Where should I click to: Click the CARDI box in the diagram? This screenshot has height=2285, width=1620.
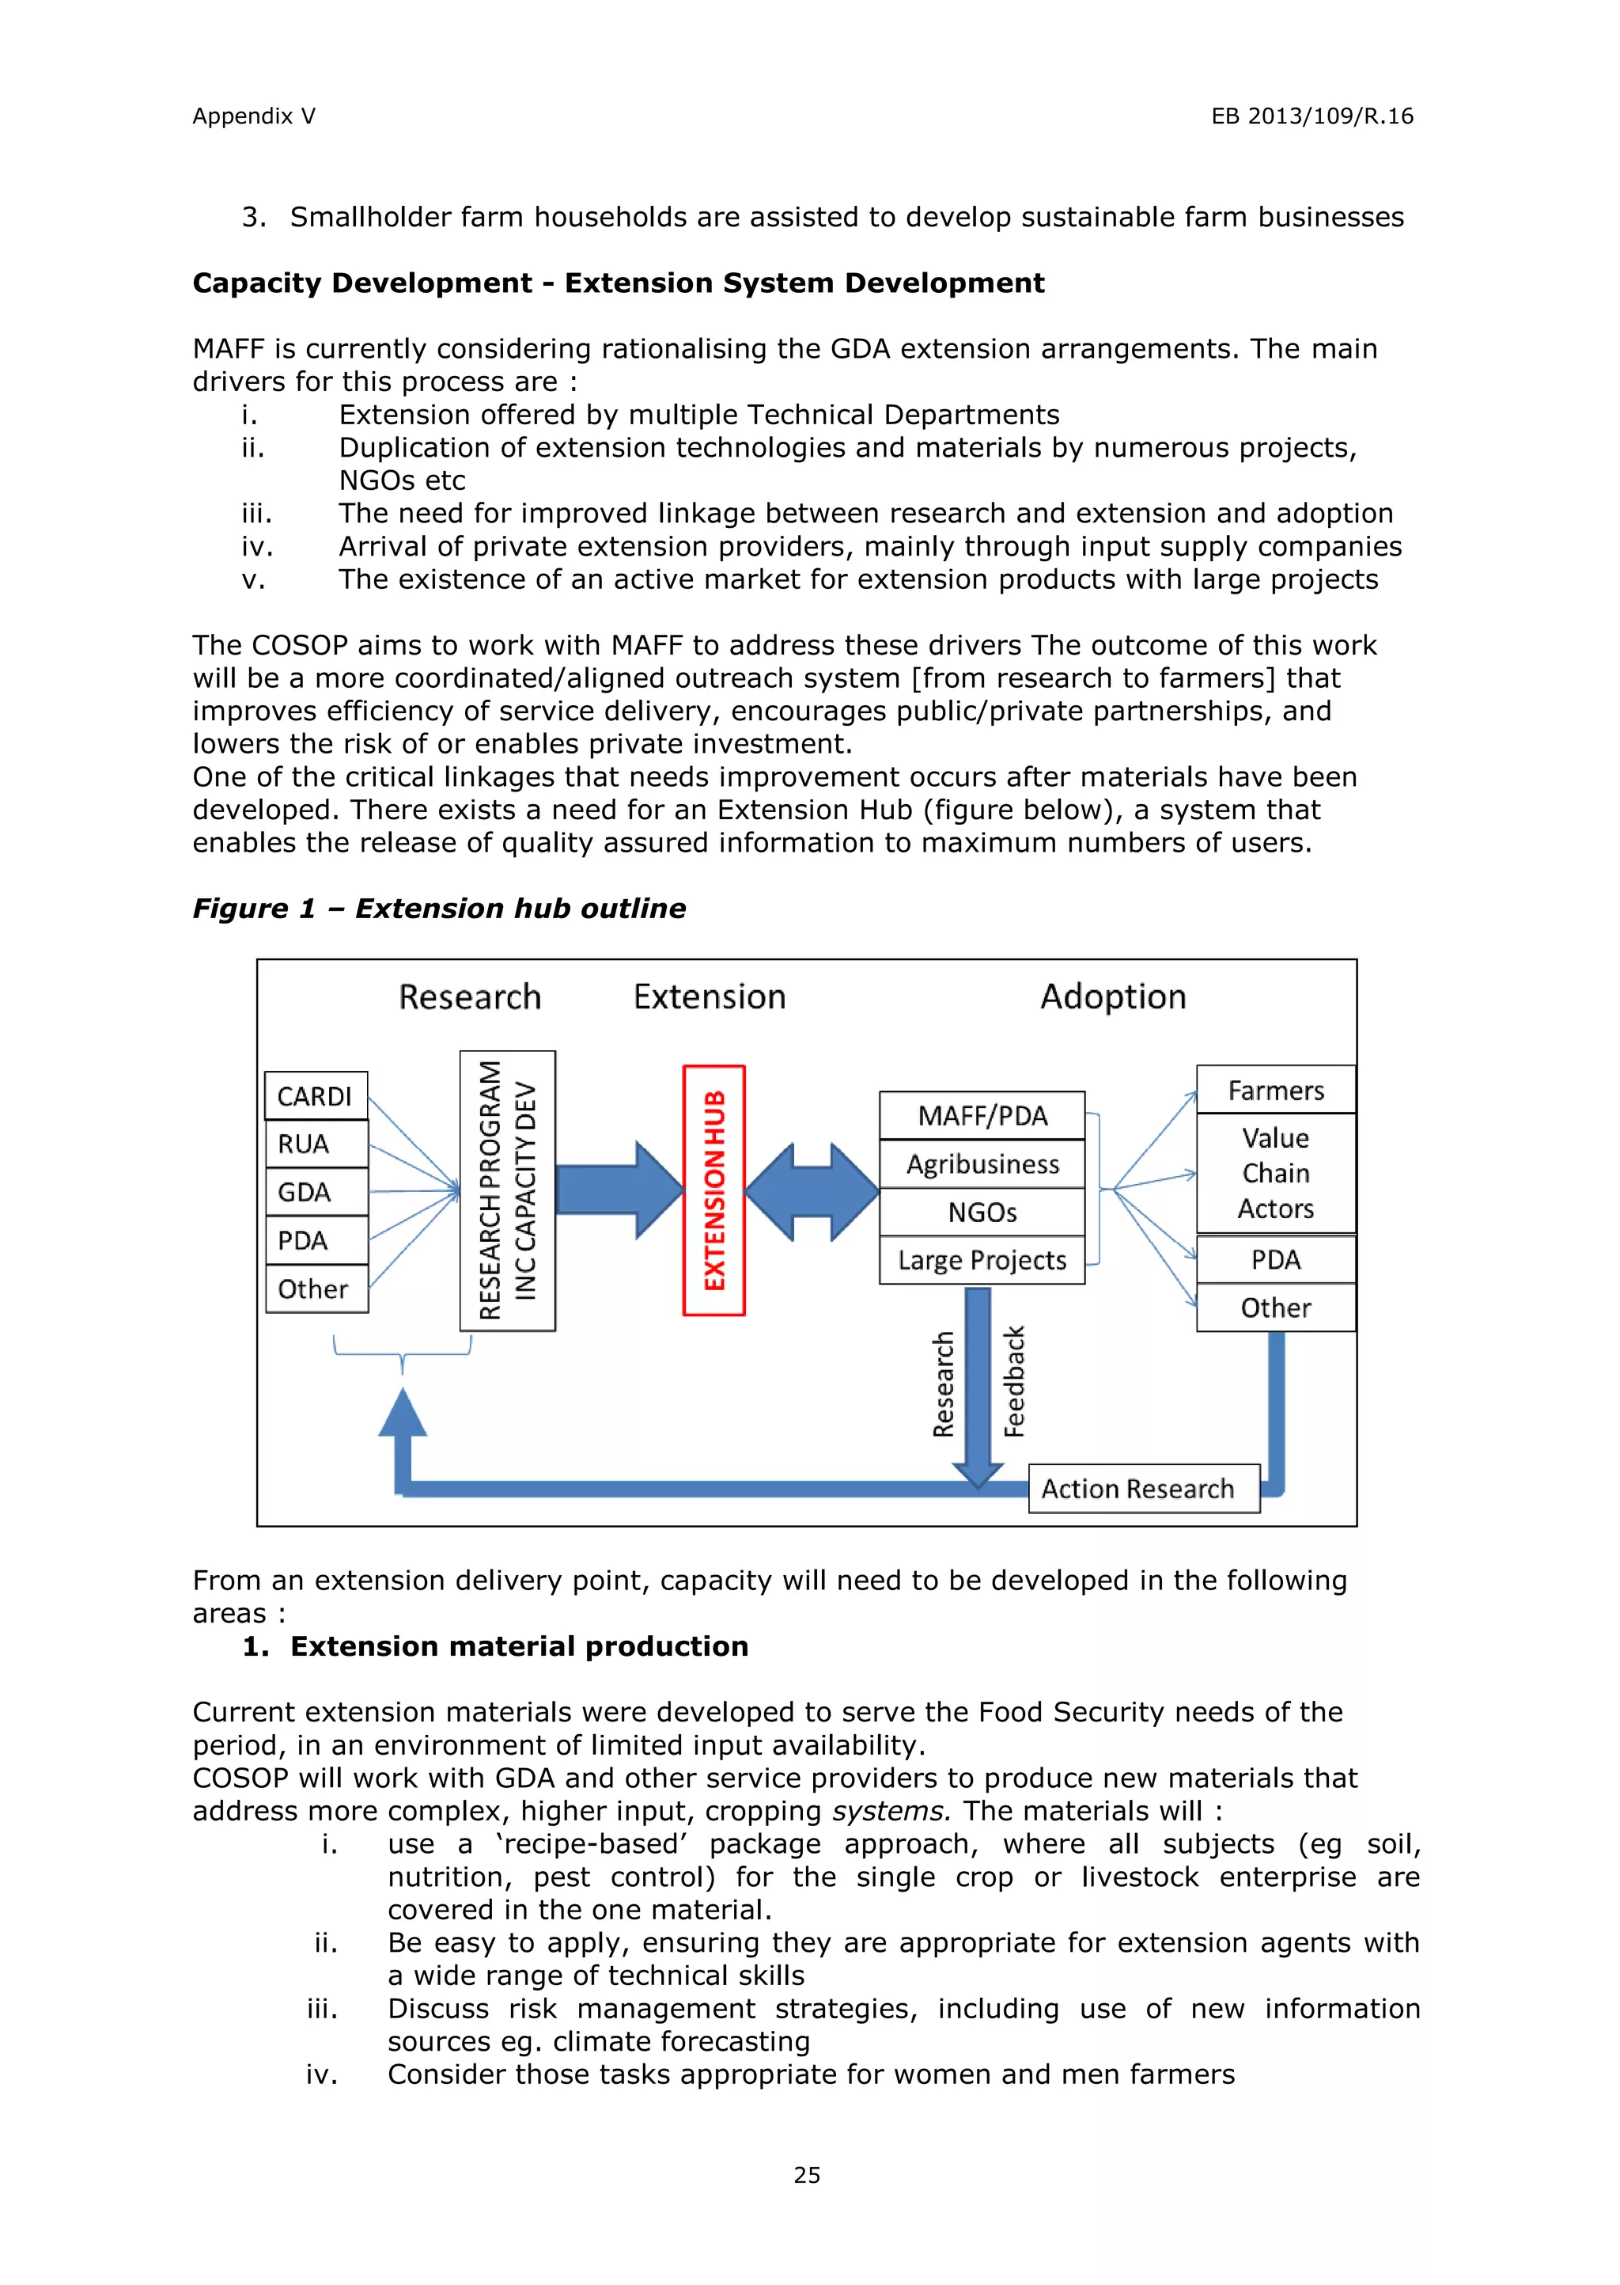[x=316, y=1095]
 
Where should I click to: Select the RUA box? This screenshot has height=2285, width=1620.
[x=316, y=1144]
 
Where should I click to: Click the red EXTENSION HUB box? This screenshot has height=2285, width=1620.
[x=713, y=1190]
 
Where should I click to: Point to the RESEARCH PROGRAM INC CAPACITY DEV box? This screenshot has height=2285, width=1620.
[x=507, y=1190]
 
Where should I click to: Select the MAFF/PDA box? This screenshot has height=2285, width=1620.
[x=982, y=1115]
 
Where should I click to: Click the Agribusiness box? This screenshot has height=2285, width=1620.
[x=982, y=1163]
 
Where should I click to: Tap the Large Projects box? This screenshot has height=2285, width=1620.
[x=982, y=1260]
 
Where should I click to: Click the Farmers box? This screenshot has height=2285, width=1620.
[x=1275, y=1090]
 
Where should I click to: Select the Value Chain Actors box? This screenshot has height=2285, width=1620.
[x=1275, y=1174]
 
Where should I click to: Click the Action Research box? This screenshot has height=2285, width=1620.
[x=1143, y=1489]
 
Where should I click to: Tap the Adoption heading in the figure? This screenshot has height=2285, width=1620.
[x=1112, y=996]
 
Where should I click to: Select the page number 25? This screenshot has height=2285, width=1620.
[x=807, y=2175]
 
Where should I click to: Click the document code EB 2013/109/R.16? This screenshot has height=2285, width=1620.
[x=1312, y=116]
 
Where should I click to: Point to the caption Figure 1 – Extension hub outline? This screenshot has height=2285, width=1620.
[x=439, y=908]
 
